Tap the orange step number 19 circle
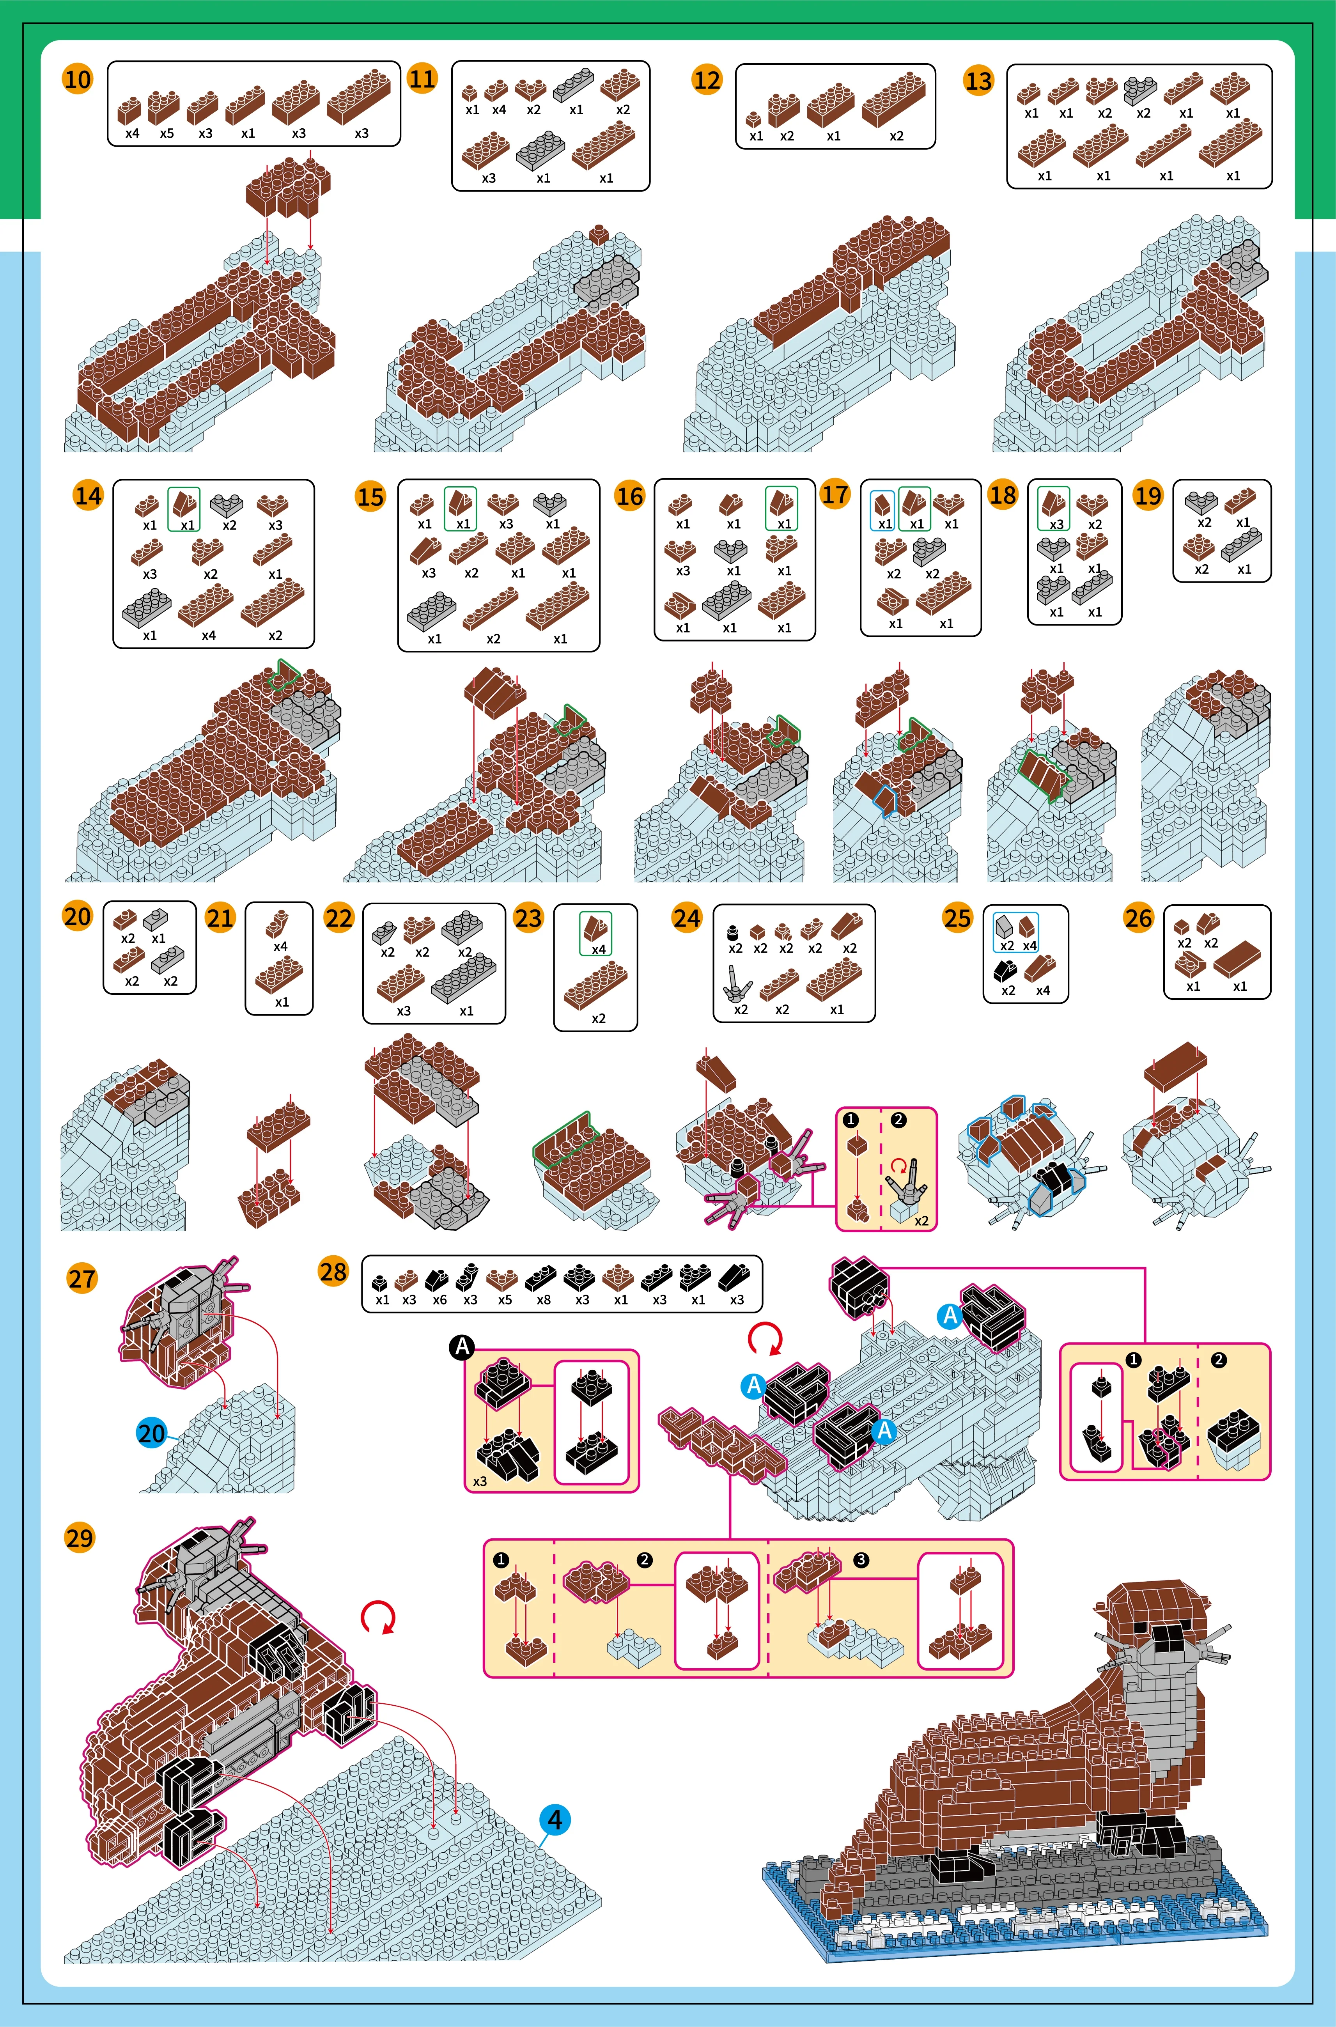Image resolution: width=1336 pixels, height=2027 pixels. click(x=1148, y=495)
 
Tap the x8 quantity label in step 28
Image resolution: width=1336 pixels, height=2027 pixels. click(x=544, y=1299)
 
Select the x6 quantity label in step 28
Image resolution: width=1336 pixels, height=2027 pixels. click(x=439, y=1299)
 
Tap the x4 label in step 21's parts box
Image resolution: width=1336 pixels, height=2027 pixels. click(x=280, y=946)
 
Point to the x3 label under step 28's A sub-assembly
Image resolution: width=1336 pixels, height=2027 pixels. click(x=480, y=1481)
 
